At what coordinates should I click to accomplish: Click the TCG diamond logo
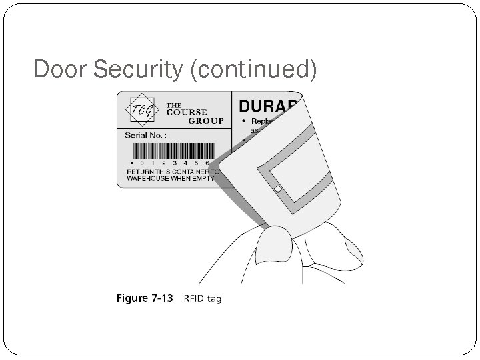[x=141, y=111]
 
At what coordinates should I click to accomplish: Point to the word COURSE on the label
[x=186, y=112]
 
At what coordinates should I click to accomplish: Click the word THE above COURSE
[x=173, y=105]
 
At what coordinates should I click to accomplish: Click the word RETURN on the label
[x=141, y=171]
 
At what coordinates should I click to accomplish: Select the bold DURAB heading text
[x=270, y=107]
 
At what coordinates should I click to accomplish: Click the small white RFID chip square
[x=277, y=189]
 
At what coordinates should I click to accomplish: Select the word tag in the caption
[x=213, y=299]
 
